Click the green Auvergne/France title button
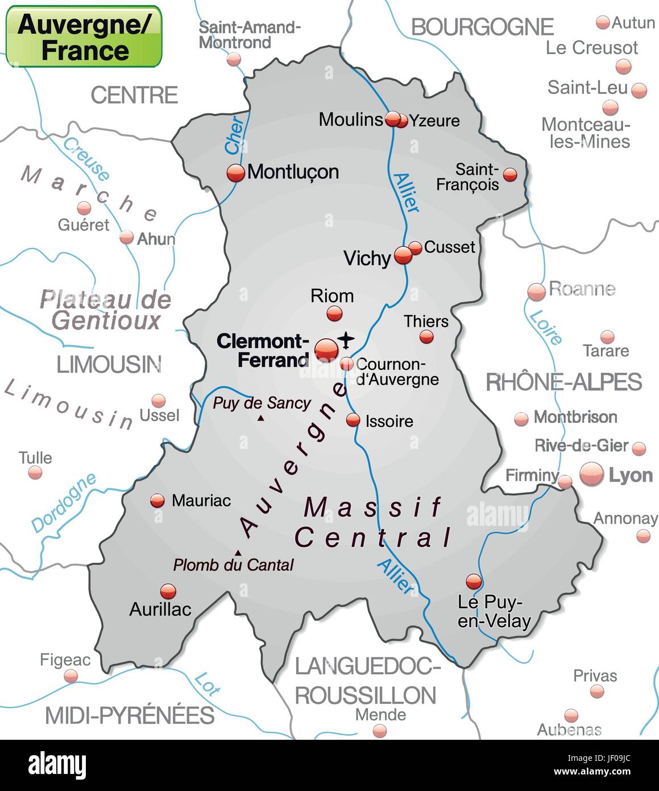[x=84, y=36]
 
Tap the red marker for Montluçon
[x=235, y=172]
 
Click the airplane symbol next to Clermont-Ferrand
[x=346, y=340]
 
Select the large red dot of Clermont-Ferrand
[x=326, y=349]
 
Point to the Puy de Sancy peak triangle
[x=261, y=418]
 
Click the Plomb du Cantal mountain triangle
[x=237, y=553]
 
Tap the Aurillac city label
[x=160, y=609]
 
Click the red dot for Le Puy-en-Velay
[x=474, y=581]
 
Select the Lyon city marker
[x=591, y=474]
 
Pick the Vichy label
[x=367, y=258]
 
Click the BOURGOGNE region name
[x=482, y=27]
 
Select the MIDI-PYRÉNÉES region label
[x=130, y=715]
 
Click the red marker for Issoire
[x=353, y=421]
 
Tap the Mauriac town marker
[x=158, y=501]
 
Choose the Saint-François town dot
[x=511, y=174]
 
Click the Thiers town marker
[x=426, y=337]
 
